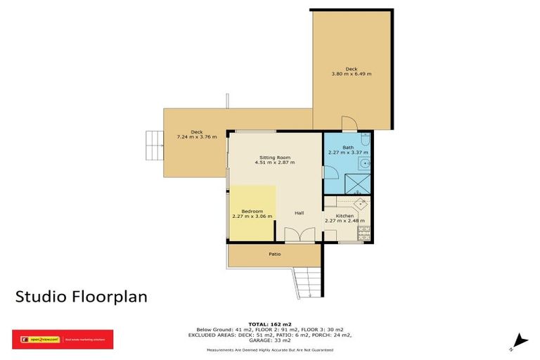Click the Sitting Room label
click(x=275, y=157)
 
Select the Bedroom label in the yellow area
click(x=252, y=211)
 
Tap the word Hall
click(x=299, y=213)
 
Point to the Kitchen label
click(x=345, y=216)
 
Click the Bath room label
click(x=348, y=147)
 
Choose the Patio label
click(x=275, y=254)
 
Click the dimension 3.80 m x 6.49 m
click(x=352, y=74)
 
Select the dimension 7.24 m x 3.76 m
click(x=197, y=136)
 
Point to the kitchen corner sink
click(x=360, y=204)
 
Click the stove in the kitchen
click(x=364, y=233)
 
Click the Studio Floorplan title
click(x=82, y=297)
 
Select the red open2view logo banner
click(x=62, y=340)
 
